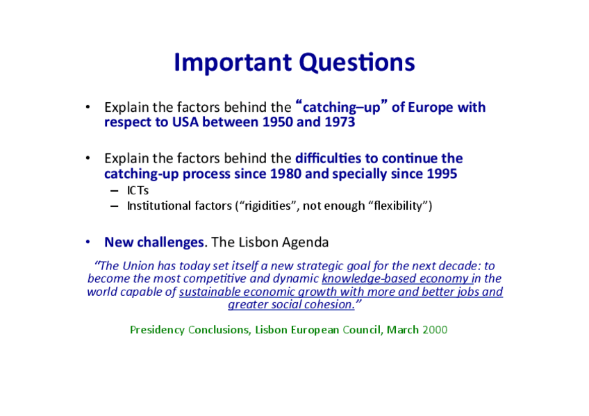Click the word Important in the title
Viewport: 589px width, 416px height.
point(233,63)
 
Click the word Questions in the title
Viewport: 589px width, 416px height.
point(357,63)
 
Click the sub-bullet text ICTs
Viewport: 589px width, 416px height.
point(138,191)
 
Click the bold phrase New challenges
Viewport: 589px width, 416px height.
point(154,242)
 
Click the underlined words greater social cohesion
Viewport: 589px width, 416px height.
point(291,304)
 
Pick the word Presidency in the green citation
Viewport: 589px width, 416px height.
point(157,330)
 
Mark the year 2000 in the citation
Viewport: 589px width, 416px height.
point(435,330)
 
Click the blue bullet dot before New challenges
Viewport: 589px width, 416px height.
point(88,242)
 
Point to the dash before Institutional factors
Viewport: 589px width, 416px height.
point(114,206)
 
